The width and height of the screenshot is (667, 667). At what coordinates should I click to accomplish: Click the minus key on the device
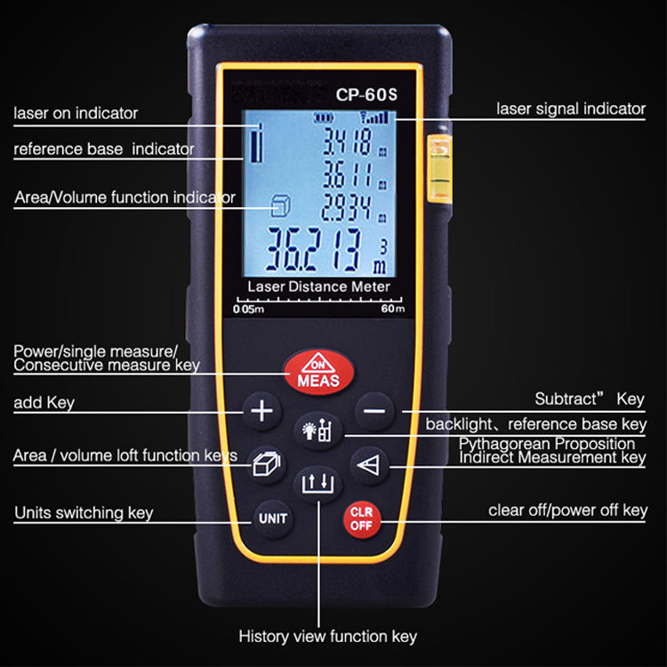(x=374, y=412)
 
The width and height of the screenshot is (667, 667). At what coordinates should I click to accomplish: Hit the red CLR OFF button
(x=362, y=518)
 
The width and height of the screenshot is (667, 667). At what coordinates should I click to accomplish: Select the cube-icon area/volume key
(x=263, y=464)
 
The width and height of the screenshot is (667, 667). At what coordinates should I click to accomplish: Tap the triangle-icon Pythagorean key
(x=367, y=464)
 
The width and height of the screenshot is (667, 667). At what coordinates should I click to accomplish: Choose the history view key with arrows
(x=317, y=485)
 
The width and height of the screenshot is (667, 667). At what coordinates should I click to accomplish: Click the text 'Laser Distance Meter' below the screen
(x=318, y=287)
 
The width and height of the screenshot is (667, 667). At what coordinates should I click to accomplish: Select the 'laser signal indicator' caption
(x=570, y=109)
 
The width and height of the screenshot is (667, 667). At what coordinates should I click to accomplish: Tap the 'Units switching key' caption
(x=84, y=512)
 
